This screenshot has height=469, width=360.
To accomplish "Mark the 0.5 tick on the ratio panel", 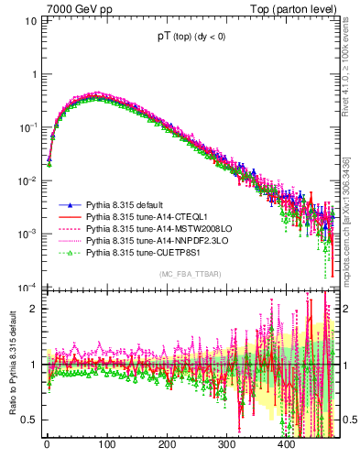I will click(x=29, y=420).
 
